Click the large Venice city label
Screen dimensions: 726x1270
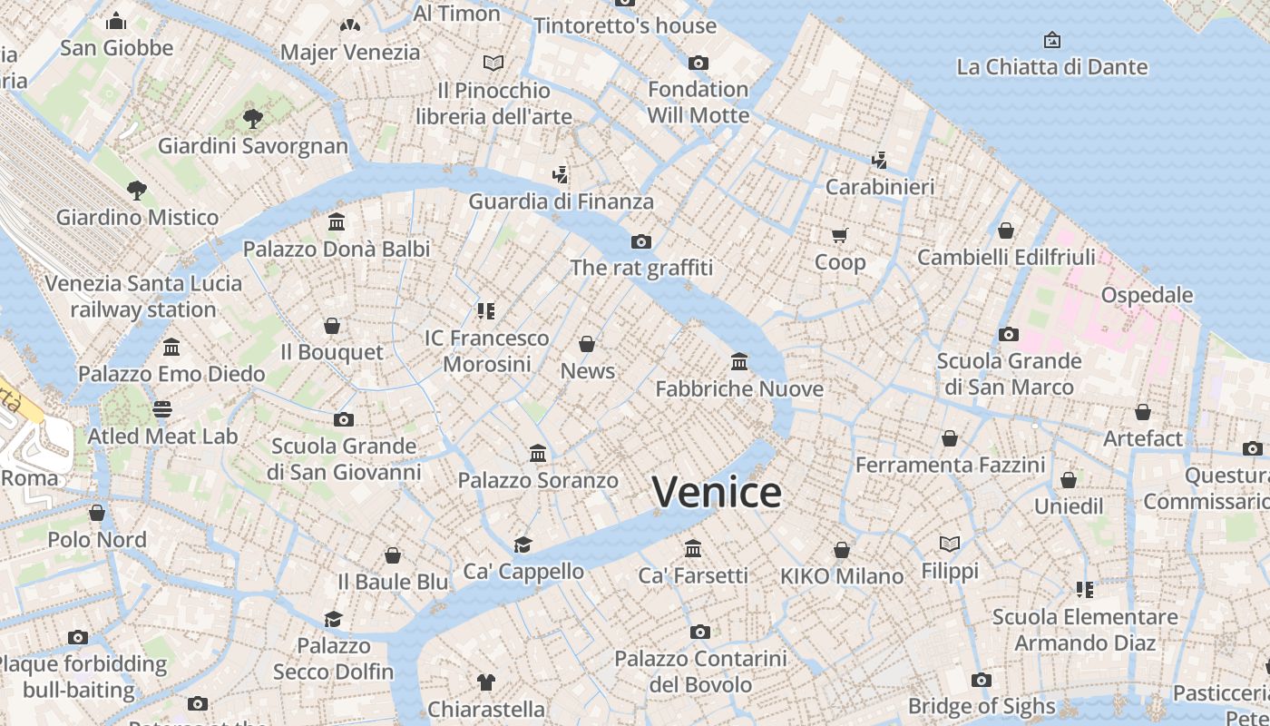[717, 493]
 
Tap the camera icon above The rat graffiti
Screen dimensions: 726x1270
[641, 241]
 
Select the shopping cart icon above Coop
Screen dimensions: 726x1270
[840, 236]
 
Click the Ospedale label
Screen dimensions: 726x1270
[1147, 295]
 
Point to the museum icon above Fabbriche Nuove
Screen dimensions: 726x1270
[739, 362]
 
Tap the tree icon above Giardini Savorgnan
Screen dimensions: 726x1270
[253, 118]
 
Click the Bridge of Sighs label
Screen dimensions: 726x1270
[982, 706]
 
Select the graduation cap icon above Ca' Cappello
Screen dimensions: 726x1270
[523, 544]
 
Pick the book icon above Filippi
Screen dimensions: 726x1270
[950, 544]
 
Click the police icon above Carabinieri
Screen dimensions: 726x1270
[879, 161]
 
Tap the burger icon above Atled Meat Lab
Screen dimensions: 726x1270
[162, 409]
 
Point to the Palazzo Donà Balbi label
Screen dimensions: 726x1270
[337, 249]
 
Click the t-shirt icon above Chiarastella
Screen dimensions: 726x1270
[486, 682]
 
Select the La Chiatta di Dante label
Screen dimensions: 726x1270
[1052, 67]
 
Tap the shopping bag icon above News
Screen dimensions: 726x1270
[587, 345]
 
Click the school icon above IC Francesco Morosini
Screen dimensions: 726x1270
[486, 311]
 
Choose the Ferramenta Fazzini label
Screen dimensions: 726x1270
[950, 466]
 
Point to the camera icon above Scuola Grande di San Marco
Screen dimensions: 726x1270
[1008, 334]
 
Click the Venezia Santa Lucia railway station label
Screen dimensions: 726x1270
[143, 296]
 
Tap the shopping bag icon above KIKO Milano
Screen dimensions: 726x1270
[842, 550]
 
